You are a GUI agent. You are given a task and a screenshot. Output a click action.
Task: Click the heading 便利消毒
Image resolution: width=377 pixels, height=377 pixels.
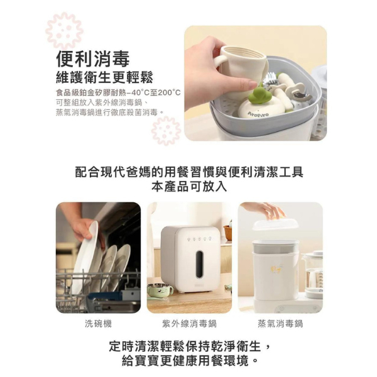pos(93,59)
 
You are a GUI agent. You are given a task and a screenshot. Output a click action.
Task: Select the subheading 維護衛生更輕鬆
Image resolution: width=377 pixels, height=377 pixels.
pos(104,77)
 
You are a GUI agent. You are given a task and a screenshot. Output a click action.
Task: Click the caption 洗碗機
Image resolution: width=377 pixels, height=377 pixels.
pos(98,324)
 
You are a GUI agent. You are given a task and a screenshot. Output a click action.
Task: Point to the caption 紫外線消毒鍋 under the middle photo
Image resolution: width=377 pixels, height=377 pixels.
pos(190,324)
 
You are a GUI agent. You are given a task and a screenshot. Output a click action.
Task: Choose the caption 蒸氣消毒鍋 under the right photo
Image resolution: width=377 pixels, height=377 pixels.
pos(280,324)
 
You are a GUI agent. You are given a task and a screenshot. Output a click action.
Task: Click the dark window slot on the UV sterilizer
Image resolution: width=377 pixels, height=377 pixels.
pos(199,264)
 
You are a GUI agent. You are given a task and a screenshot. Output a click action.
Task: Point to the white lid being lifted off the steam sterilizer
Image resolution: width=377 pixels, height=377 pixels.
pos(276,224)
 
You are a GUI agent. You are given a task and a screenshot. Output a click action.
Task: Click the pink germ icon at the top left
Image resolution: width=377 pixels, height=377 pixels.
pos(65,31)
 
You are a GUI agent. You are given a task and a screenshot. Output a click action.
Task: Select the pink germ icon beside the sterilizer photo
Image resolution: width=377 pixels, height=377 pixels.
pos(166,131)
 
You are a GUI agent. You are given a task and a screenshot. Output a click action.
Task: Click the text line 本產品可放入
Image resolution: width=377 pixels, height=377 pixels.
pos(189,187)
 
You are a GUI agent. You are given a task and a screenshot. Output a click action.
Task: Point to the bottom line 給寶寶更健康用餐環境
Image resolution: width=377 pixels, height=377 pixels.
pos(190,361)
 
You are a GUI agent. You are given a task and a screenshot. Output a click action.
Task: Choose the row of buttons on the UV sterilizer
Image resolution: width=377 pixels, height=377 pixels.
pos(199,239)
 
